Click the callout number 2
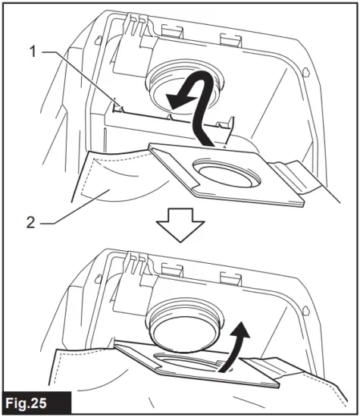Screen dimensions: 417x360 (x=30, y=224)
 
